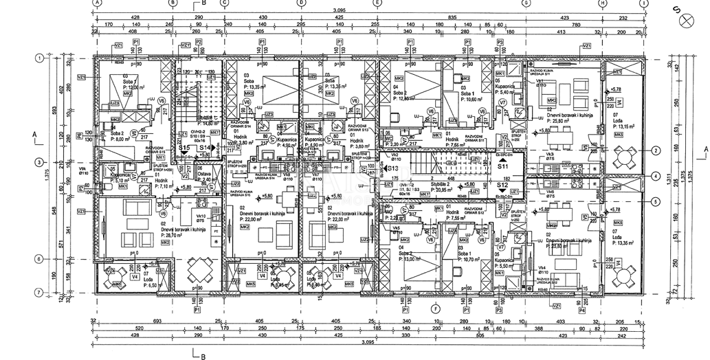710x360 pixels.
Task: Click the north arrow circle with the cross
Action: pos(684,21)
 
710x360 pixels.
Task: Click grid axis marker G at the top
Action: pos(525,3)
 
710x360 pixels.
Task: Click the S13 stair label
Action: pos(392,168)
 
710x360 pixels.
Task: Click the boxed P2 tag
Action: pos(199,42)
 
